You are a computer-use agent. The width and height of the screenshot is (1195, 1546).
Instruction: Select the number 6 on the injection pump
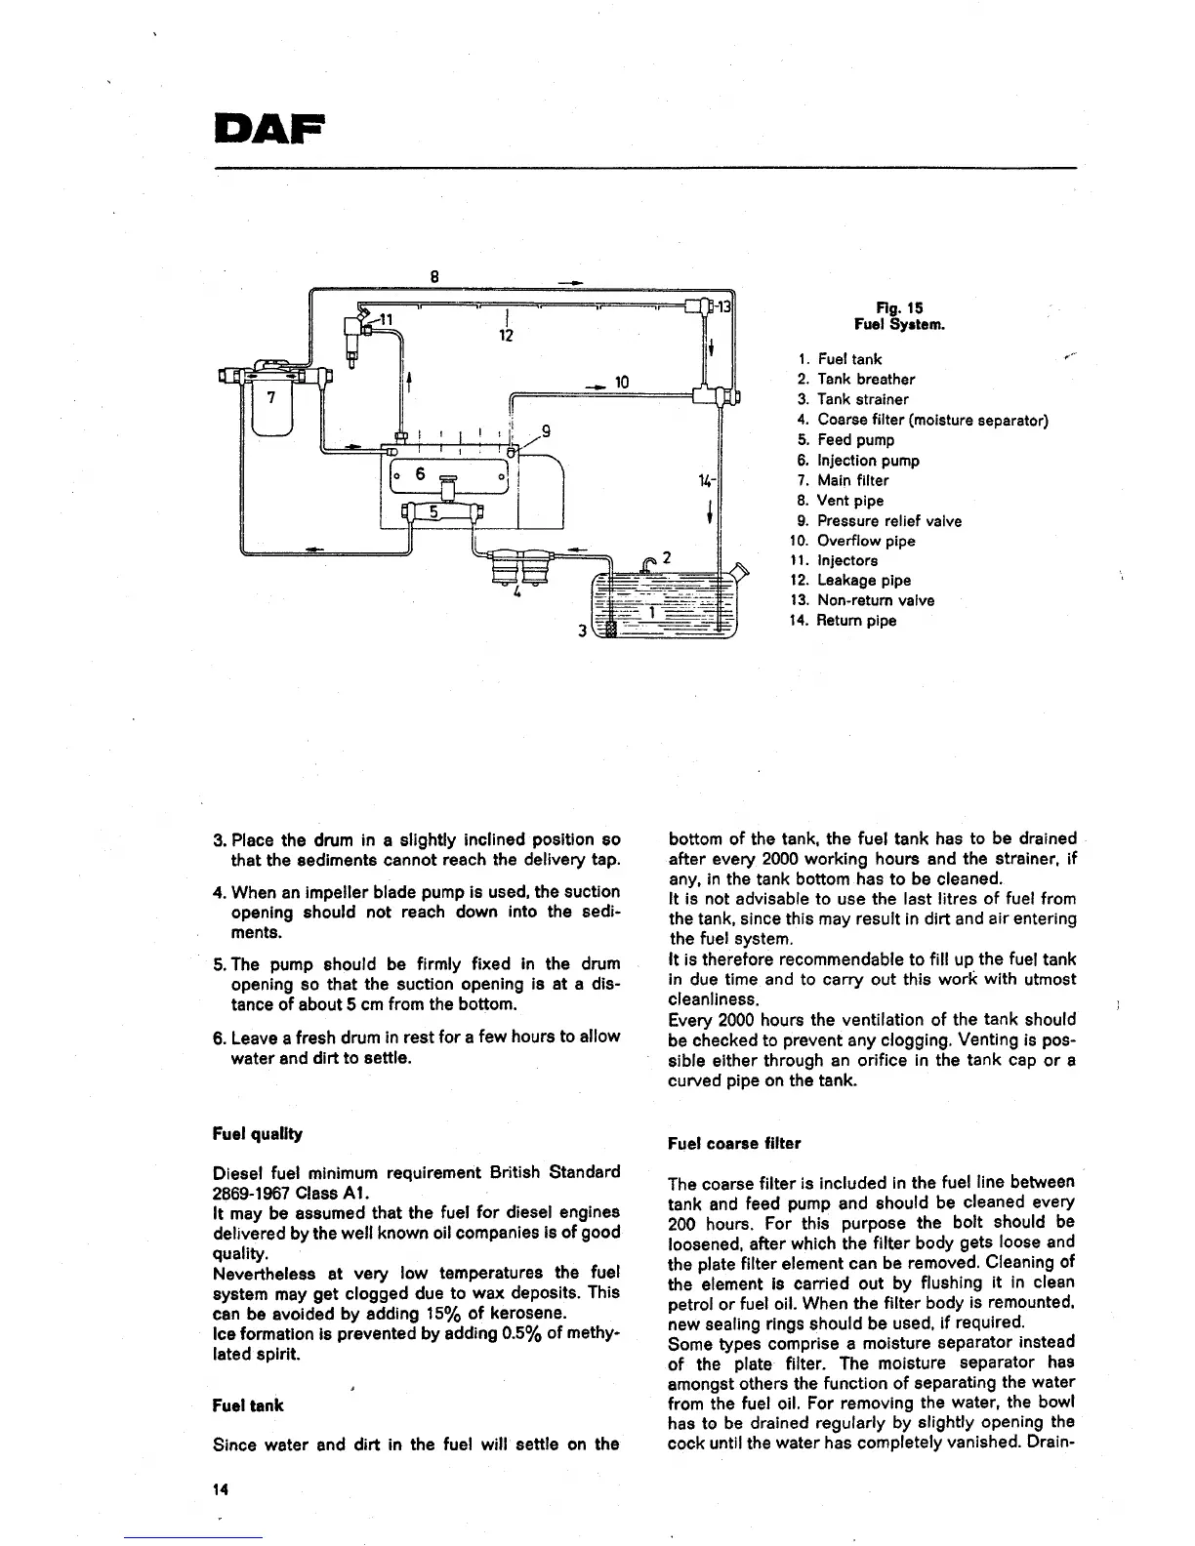(420, 474)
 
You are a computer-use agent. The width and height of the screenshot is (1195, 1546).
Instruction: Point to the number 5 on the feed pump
(435, 513)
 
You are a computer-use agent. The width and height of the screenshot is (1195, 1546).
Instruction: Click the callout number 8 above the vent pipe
(435, 275)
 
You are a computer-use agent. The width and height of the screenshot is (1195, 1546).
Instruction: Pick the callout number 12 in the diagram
(506, 335)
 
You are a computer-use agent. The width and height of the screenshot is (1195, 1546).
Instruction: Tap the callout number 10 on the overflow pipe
(622, 381)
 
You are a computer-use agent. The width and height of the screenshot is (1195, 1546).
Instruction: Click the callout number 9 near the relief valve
(546, 429)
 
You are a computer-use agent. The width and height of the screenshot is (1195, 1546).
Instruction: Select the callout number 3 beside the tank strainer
(582, 631)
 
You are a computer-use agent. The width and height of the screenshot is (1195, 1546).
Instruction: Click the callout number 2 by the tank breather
(666, 558)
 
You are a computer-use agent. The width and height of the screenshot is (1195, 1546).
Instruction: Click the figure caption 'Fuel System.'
(899, 324)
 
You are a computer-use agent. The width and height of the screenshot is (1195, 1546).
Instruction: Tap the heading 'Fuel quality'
(258, 1134)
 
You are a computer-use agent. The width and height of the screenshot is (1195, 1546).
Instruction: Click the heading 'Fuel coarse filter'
(734, 1143)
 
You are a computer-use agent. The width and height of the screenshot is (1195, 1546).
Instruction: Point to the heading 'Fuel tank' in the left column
(248, 1405)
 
